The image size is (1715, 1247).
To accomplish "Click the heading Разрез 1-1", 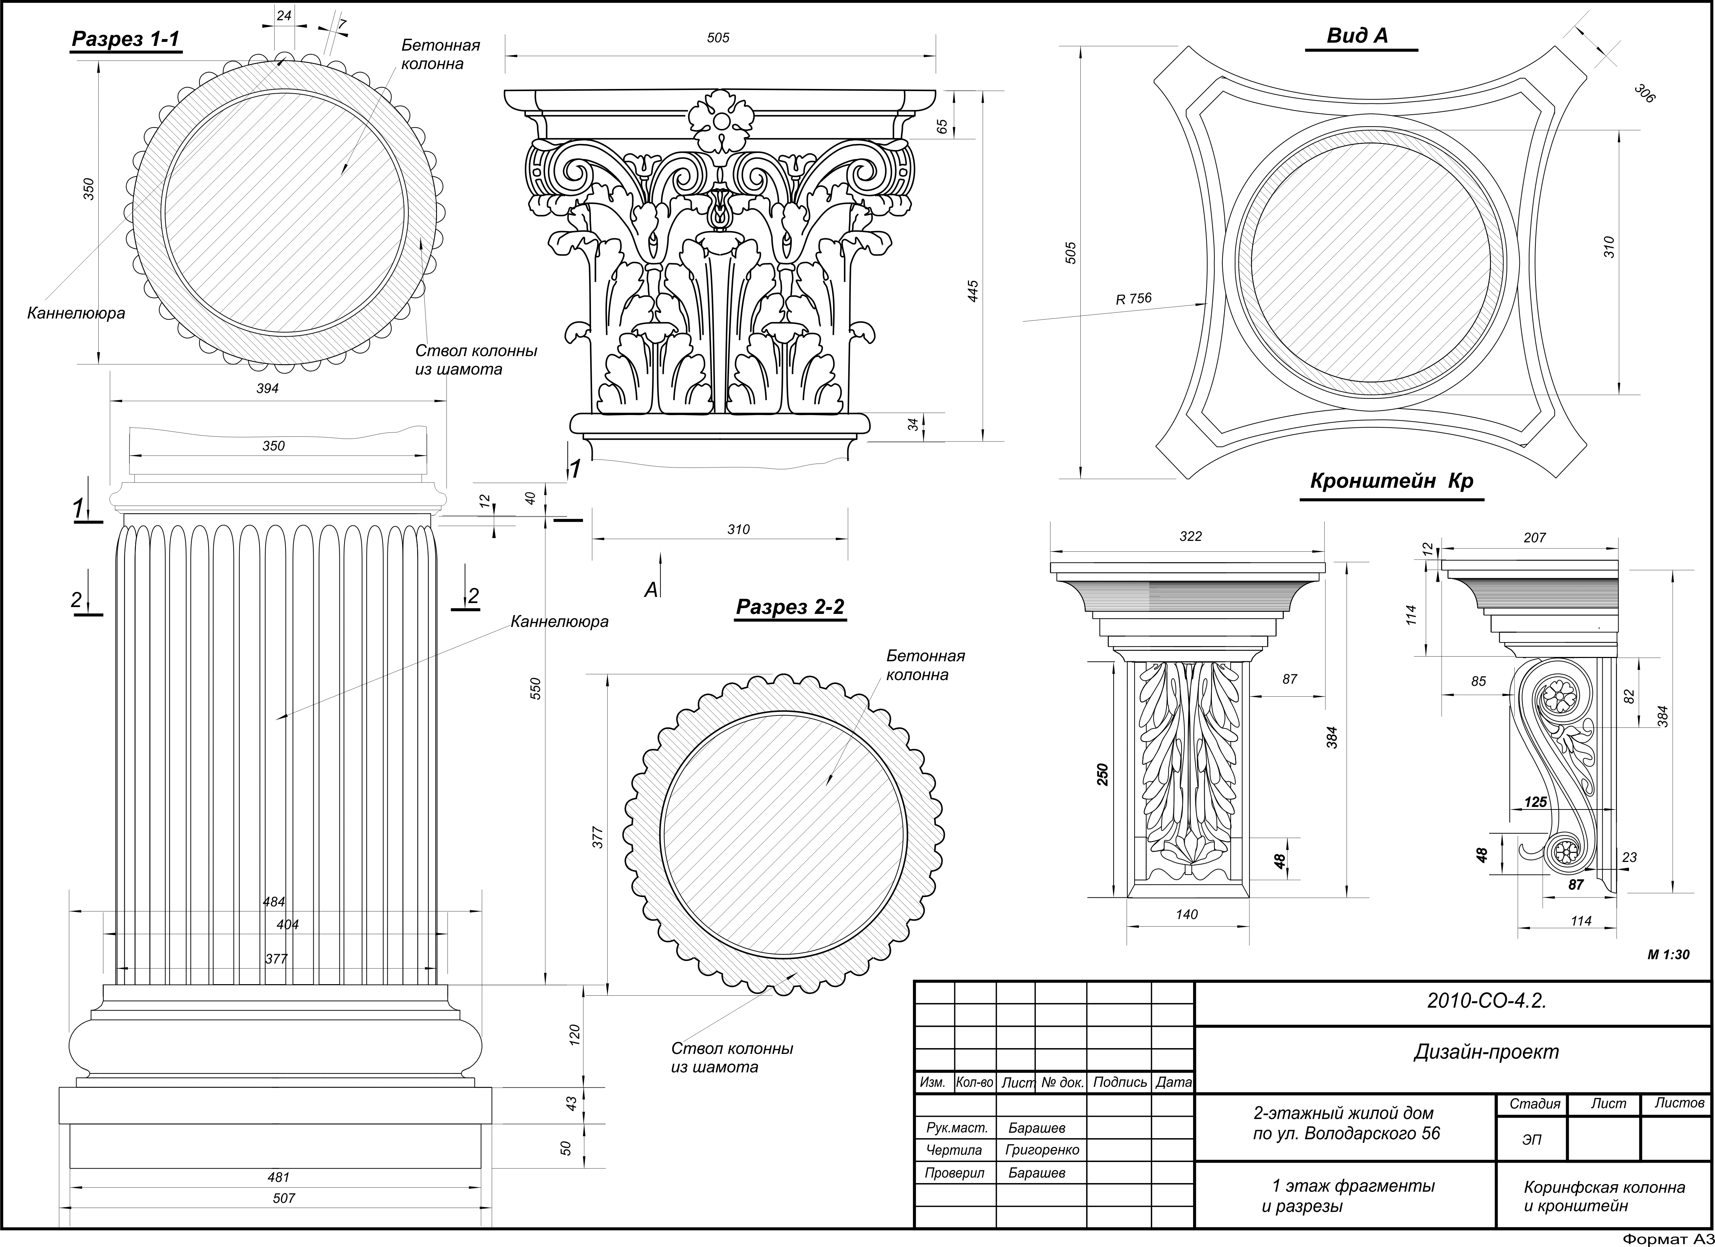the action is point(125,39).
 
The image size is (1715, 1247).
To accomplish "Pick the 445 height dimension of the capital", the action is point(973,291).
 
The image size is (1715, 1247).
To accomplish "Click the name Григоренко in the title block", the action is point(1042,1150).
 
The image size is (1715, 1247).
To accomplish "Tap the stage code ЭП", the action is point(1531,1140).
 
